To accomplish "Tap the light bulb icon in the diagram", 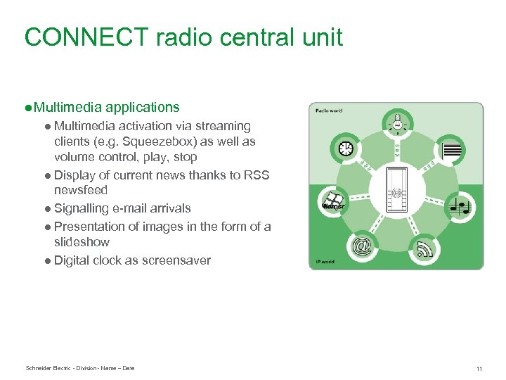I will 397,123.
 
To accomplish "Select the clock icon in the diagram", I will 346,149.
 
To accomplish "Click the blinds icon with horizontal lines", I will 452,150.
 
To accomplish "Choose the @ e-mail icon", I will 362,247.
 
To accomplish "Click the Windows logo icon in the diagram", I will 332,203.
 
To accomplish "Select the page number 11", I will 479,369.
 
